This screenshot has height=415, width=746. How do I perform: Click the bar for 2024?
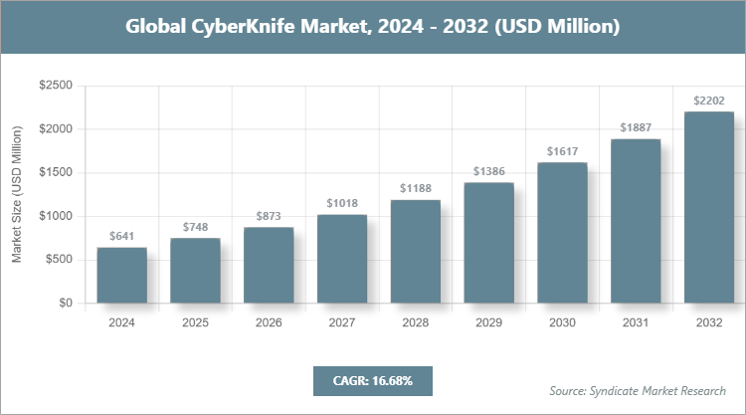click(121, 275)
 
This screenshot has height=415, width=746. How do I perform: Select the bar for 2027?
click(342, 259)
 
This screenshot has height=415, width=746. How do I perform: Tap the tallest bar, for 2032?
click(709, 207)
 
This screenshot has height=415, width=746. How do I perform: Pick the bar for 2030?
click(562, 232)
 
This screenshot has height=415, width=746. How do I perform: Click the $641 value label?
click(121, 237)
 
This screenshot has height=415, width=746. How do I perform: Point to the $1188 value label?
click(415, 188)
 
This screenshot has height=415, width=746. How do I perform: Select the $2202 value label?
click(709, 101)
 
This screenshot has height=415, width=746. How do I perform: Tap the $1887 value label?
click(636, 127)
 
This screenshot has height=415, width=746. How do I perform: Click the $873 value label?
click(269, 216)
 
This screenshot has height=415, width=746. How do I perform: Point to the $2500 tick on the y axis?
click(55, 86)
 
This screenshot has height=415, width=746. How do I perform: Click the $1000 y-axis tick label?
click(55, 216)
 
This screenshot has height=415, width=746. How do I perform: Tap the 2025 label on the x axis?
click(195, 323)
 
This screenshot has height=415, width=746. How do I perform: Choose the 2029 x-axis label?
click(488, 323)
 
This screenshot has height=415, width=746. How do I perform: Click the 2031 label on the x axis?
click(636, 323)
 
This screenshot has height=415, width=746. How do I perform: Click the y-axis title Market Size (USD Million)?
click(17, 194)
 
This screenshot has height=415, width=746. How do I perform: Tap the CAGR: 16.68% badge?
click(372, 381)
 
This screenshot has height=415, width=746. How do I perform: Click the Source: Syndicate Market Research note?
click(638, 390)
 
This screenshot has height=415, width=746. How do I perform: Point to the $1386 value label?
click(488, 171)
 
